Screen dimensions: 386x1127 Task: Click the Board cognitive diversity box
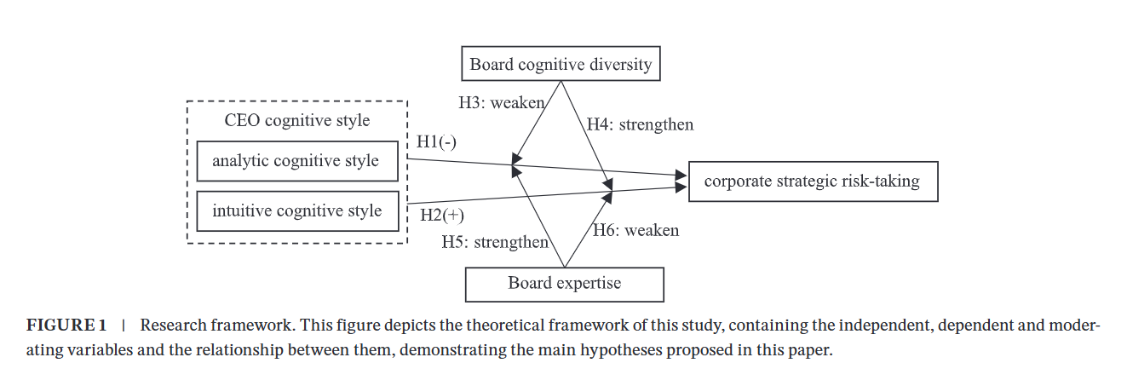[561, 64]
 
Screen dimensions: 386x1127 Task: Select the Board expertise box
[564, 284]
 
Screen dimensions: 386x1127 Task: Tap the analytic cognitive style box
[296, 161]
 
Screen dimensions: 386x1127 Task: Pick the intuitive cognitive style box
[296, 211]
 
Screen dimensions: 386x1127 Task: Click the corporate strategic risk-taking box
[812, 181]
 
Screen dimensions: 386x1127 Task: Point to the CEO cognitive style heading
[297, 120]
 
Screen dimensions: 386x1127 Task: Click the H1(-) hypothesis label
[436, 142]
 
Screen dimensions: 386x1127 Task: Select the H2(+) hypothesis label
[441, 215]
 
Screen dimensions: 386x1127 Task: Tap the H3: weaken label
[501, 103]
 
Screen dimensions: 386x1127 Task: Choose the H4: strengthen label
[641, 125]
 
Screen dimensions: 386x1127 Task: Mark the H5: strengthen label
[494, 242]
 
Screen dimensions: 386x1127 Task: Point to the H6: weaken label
[636, 230]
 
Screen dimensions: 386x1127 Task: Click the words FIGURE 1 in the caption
[66, 326]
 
